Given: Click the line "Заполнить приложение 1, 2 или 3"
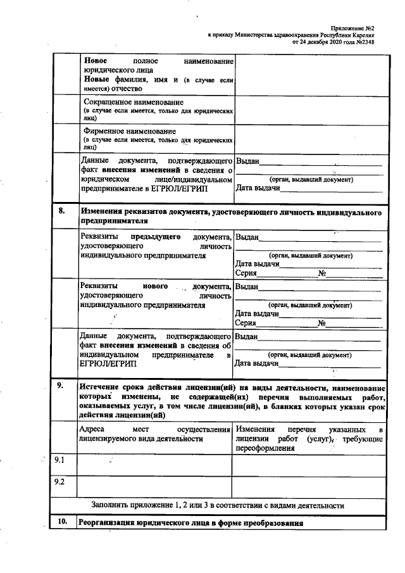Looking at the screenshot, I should click(x=217, y=506).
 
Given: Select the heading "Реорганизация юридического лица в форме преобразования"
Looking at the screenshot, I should click(x=190, y=524).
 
